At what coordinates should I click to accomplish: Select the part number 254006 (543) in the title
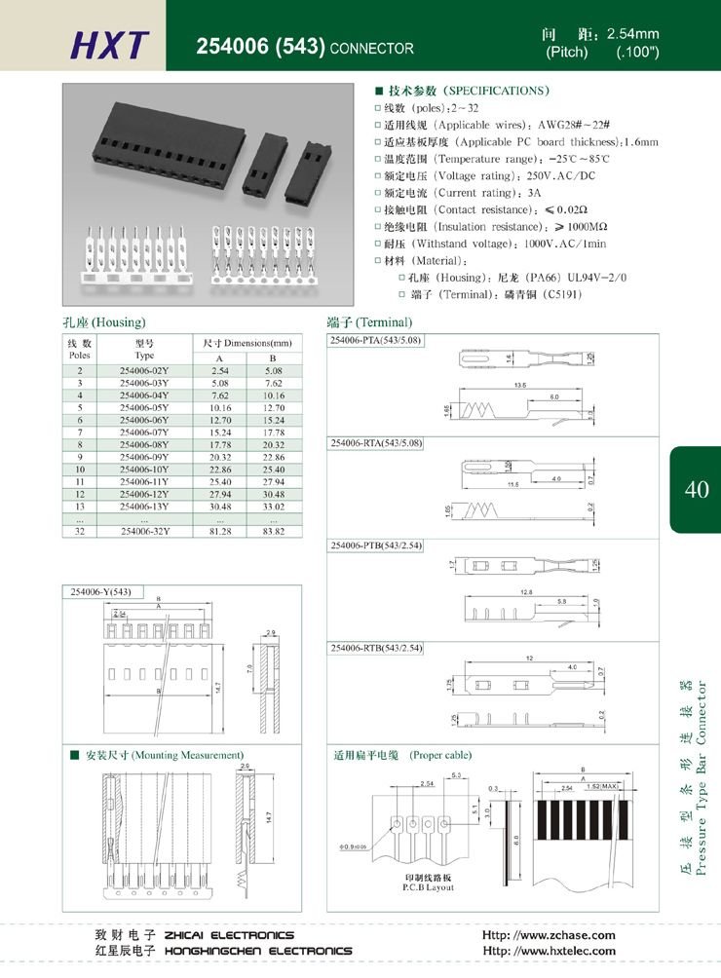click(x=260, y=47)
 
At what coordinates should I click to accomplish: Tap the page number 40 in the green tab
click(x=697, y=490)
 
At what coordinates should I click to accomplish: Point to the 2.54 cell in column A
click(x=219, y=371)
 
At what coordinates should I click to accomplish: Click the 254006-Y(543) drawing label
click(x=101, y=591)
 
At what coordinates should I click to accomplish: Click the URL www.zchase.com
click(x=550, y=935)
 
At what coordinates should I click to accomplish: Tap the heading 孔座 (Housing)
click(x=104, y=322)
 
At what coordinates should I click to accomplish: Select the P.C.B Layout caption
click(x=428, y=888)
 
